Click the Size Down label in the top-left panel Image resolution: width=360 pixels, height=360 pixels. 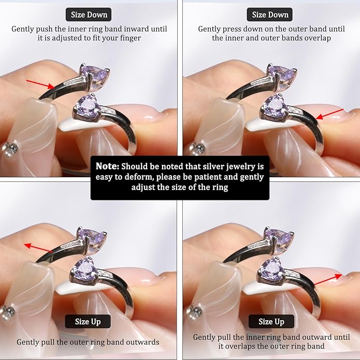coord(89,15)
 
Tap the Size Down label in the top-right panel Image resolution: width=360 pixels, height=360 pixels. coord(270,15)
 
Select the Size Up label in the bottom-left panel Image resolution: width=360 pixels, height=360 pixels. coord(88,322)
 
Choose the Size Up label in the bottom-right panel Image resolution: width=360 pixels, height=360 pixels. coord(271,322)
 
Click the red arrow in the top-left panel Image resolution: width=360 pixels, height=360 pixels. coord(40,84)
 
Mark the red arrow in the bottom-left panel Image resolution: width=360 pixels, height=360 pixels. coord(38,248)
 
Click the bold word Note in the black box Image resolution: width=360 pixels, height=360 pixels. coord(107,166)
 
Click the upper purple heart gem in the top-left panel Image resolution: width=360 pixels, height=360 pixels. coord(94,73)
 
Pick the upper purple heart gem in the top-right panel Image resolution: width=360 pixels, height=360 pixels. coord(282,73)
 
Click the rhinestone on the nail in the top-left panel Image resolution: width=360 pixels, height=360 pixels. coord(10,148)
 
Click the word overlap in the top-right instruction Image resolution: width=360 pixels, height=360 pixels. coord(318,38)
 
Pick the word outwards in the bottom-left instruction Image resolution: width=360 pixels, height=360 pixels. coord(142,342)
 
